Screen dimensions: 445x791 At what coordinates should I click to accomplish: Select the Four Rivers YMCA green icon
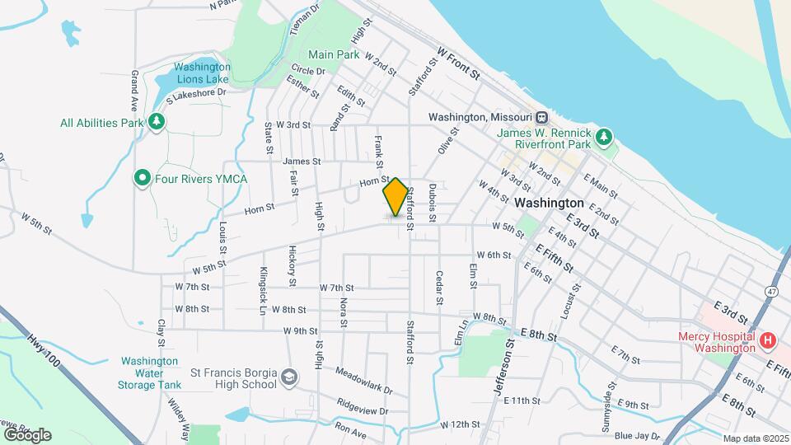143,178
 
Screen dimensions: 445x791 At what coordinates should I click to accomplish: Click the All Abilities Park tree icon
157,123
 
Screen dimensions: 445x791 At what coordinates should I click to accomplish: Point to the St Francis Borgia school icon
289,377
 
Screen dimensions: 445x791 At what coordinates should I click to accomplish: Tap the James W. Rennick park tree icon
606,136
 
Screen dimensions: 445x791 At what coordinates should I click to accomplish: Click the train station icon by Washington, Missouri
541,117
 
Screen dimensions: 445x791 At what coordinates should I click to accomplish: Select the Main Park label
334,55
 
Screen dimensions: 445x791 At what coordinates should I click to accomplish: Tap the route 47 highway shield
770,291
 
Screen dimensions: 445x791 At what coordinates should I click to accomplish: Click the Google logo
26,434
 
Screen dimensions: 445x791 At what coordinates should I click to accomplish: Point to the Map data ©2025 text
756,438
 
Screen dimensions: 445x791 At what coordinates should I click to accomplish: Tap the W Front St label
458,62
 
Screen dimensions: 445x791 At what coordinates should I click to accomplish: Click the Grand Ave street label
133,91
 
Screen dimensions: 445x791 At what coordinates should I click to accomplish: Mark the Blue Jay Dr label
634,435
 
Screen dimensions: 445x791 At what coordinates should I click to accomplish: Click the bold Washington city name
549,202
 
